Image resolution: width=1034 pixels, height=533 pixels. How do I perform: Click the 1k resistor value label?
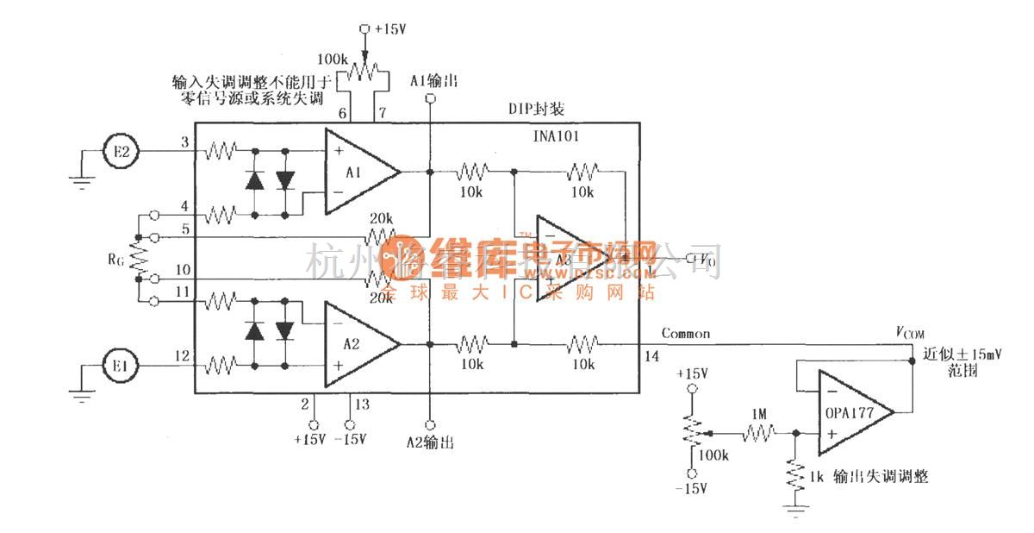819,476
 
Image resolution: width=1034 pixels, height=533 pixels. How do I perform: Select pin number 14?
647,355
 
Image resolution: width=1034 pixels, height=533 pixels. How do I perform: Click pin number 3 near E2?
184,141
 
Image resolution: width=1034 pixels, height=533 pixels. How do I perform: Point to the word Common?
686,333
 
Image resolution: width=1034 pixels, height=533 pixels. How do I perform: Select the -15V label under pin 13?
350,440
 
